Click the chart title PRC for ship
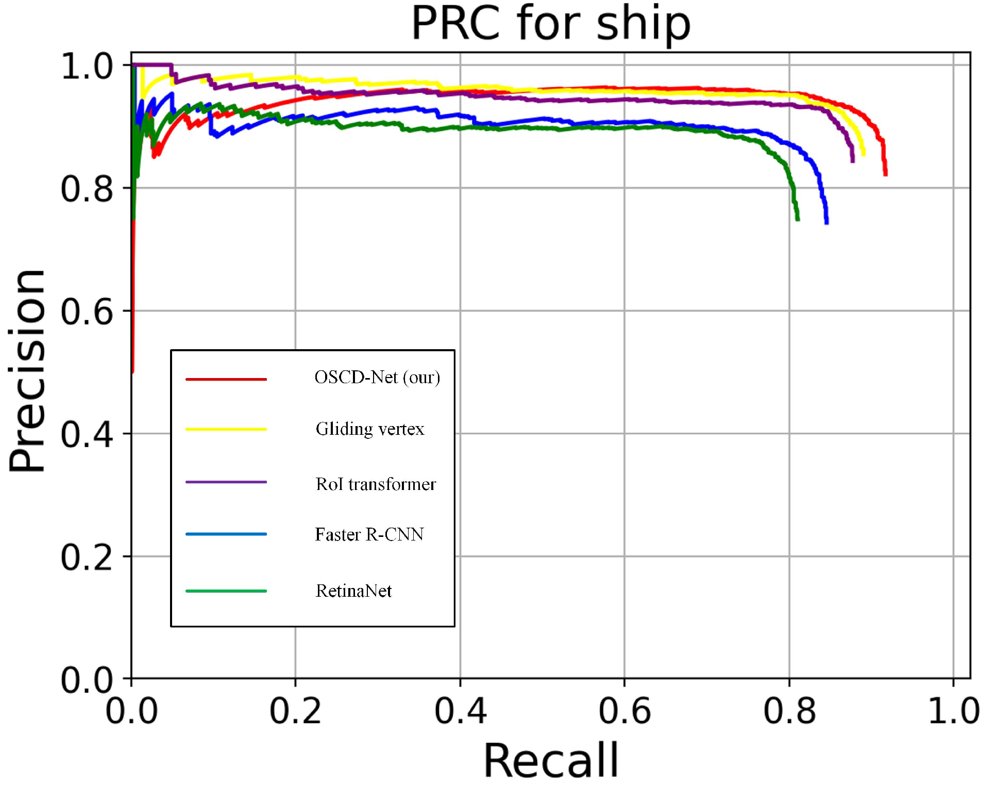550,24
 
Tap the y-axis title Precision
28,370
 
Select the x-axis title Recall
550,760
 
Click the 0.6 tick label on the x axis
624,711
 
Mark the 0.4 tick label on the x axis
460,711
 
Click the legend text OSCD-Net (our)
377,378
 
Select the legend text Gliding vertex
370,429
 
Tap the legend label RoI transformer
376,484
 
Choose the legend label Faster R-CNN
369,535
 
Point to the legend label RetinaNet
353,591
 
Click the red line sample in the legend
226,379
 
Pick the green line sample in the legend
226,591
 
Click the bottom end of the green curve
797,219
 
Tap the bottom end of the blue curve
826,222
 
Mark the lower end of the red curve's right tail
885,174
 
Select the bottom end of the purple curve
852,161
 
